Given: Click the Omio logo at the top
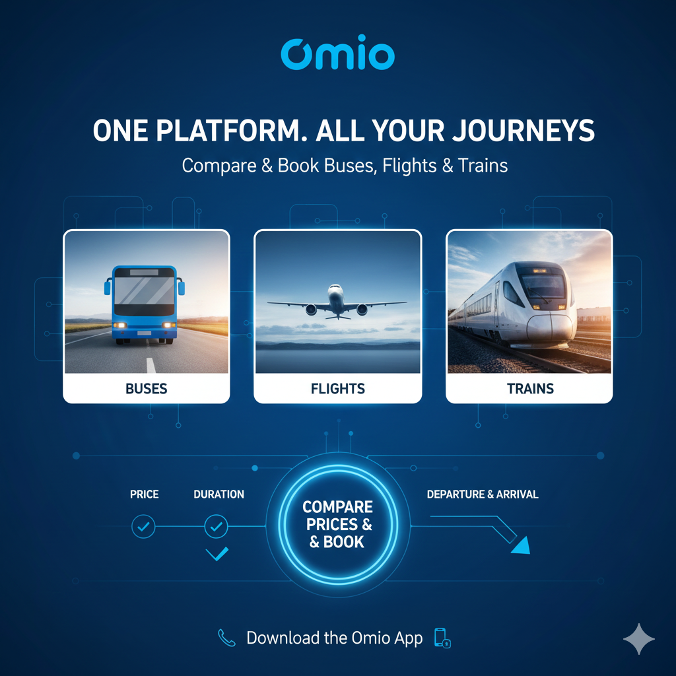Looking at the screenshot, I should tap(337, 53).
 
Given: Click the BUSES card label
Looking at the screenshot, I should tap(147, 389).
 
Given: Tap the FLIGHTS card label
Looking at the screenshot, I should tap(337, 389).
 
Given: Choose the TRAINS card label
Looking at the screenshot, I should tap(530, 389).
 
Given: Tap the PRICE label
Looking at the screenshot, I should tap(144, 494).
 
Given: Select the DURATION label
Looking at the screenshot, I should tap(219, 494).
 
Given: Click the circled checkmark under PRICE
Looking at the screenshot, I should tap(143, 527).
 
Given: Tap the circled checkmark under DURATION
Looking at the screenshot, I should tap(216, 527).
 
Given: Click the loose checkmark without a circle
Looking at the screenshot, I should tap(217, 554).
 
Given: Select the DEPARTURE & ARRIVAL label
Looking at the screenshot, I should tap(483, 494).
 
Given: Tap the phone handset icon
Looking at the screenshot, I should tap(227, 638).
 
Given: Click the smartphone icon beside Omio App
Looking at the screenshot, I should tap(441, 638).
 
